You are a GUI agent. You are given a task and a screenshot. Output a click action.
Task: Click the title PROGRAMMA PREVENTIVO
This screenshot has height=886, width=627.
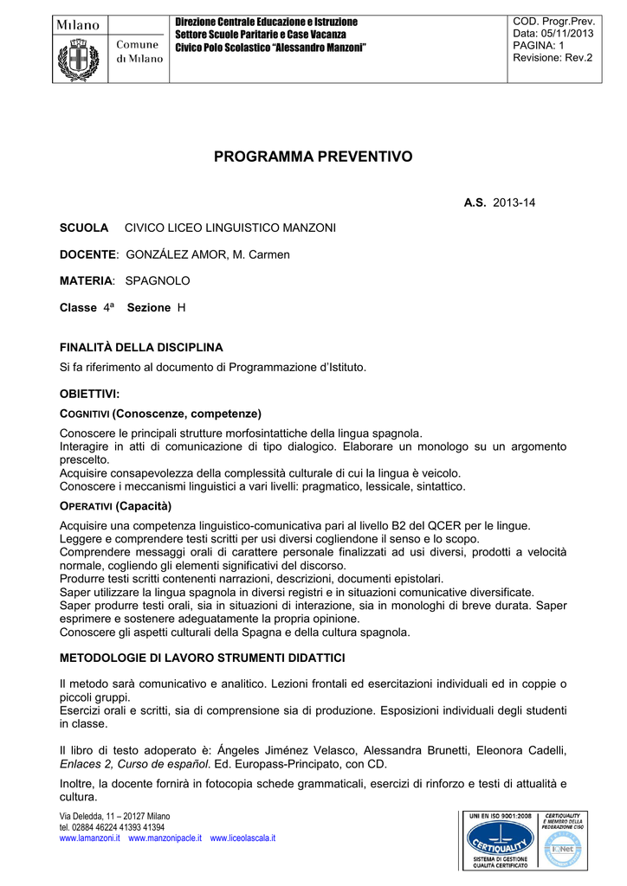[x=313, y=157]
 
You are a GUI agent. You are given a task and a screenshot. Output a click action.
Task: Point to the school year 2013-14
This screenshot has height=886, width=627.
[x=514, y=202]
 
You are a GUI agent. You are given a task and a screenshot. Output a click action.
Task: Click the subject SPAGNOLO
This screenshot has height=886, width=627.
[x=158, y=280]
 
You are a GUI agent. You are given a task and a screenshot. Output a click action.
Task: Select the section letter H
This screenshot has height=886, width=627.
[x=181, y=307]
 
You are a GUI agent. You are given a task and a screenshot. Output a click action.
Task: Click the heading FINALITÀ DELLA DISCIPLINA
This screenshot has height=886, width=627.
[x=141, y=347]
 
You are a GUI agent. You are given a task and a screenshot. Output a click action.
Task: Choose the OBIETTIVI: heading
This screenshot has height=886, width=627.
[x=89, y=394]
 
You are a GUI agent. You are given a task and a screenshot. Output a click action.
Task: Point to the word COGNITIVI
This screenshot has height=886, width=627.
[x=83, y=414]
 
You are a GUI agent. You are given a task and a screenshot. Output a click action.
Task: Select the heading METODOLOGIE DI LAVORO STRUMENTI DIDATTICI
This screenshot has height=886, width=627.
[x=203, y=658]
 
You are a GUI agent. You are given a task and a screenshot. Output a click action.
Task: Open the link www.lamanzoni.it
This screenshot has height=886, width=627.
[x=89, y=838]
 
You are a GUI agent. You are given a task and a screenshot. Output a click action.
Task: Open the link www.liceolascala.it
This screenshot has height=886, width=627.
[x=242, y=838]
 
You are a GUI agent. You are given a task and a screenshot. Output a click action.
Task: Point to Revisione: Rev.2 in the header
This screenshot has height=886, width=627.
[x=553, y=57]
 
